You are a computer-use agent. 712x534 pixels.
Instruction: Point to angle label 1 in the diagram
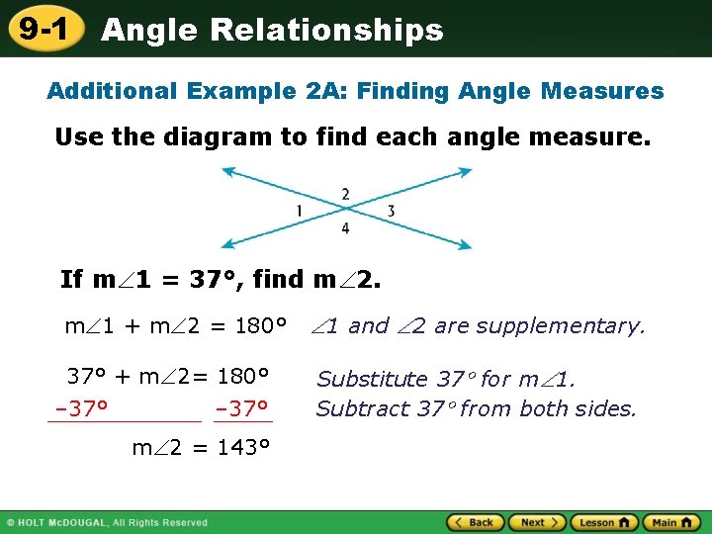(299, 211)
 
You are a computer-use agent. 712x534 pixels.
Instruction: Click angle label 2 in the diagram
(345, 194)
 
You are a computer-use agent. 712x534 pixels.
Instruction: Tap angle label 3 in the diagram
(392, 211)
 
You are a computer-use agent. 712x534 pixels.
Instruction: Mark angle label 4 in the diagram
(345, 228)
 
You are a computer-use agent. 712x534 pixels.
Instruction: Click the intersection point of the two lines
(345, 210)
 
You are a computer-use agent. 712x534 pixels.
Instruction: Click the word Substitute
(371, 380)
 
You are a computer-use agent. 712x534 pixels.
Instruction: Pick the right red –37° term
(242, 408)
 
